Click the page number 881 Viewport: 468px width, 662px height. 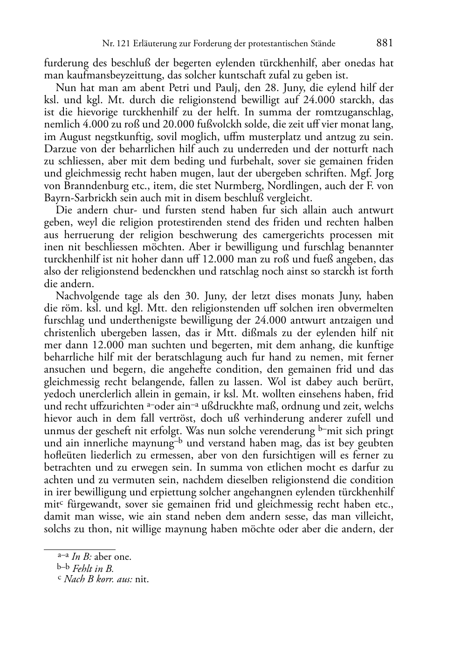click(x=385, y=43)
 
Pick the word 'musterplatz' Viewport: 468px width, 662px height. click(x=271, y=137)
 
